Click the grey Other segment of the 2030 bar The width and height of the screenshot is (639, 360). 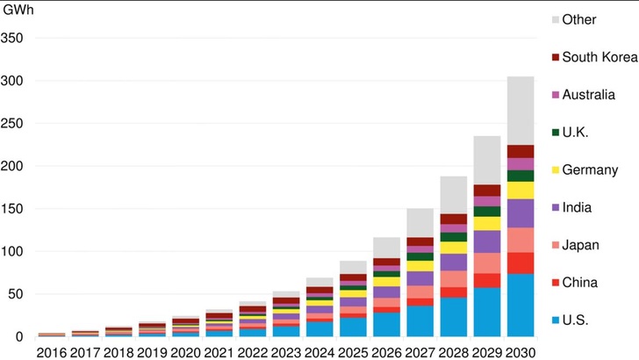coord(521,111)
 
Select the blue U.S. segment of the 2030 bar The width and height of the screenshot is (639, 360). coord(521,305)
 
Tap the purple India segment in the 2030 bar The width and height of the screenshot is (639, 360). coord(521,213)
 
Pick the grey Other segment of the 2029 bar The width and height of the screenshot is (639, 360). coord(487,160)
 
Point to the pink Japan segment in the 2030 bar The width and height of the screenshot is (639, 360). coord(521,240)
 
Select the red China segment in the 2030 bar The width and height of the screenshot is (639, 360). coord(521,263)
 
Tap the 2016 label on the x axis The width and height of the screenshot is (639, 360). coord(51,351)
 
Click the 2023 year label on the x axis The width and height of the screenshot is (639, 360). coord(285,351)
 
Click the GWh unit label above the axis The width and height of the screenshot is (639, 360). coord(18,11)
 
